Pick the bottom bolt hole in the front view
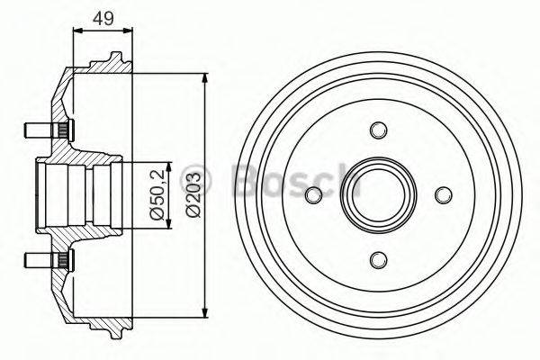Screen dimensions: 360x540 [378, 259]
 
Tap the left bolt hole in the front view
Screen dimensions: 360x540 [312, 193]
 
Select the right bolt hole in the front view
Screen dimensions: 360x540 [443, 193]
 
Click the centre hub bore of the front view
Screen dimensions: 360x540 [378, 193]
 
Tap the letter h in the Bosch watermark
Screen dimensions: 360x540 [345, 181]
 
